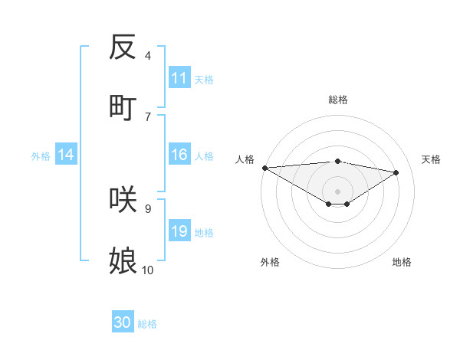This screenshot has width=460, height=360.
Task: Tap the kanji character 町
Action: [123, 107]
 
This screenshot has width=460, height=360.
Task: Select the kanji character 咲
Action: [123, 199]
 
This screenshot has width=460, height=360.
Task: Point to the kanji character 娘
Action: [123, 260]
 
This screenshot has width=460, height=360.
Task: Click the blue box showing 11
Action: [179, 78]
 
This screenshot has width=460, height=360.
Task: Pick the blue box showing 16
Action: [179, 155]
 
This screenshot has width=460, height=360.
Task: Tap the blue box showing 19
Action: [179, 231]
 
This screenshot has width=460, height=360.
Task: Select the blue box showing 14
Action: [66, 155]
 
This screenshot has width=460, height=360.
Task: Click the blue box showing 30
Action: [123, 322]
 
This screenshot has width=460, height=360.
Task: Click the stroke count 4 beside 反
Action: [148, 56]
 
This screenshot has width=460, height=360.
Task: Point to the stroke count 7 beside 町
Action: [148, 116]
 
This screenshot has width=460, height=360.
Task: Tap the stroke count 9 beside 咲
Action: [148, 208]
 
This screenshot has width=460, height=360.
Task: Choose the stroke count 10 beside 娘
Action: [148, 270]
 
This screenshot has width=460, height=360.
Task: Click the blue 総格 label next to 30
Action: [147, 324]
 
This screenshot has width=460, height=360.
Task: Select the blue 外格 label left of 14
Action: [41, 156]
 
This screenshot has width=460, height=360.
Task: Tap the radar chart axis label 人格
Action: [245, 159]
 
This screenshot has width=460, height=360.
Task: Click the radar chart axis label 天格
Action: [432, 159]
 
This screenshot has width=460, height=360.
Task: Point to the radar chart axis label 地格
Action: [402, 262]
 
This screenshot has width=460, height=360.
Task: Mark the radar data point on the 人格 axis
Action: [264, 168]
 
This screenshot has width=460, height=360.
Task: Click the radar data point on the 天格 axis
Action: [396, 172]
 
